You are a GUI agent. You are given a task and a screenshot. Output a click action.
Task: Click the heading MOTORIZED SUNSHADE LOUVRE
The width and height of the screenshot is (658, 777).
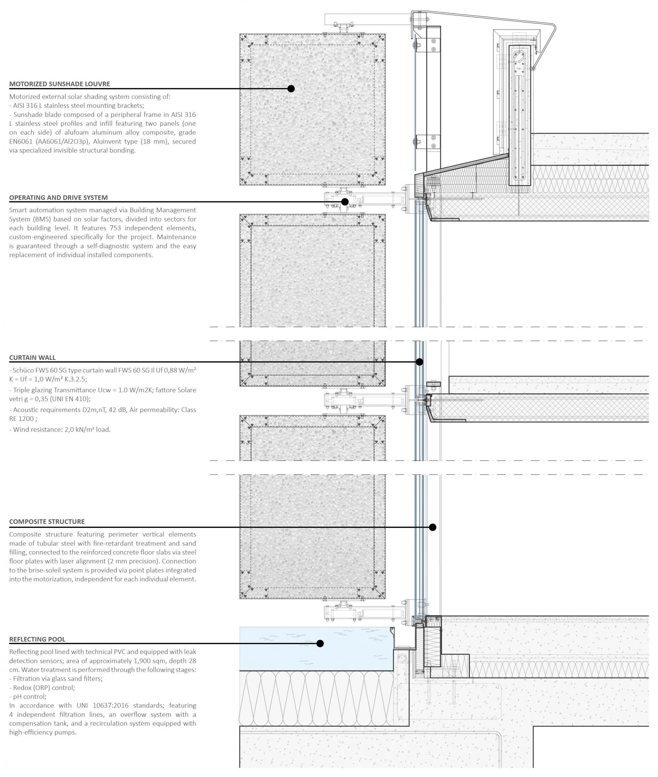pos(60,84)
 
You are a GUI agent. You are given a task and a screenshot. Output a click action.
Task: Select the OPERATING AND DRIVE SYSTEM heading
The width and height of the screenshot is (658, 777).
pos(58,198)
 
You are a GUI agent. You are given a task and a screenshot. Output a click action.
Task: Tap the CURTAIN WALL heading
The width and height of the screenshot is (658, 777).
pos(33,358)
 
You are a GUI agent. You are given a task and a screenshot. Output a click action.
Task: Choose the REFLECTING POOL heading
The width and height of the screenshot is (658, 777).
pos(37,639)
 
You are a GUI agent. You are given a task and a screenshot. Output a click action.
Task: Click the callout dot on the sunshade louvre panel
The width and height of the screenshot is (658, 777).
pos(291,89)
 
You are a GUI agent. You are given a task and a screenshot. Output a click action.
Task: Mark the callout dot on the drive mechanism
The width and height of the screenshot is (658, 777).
pos(345,202)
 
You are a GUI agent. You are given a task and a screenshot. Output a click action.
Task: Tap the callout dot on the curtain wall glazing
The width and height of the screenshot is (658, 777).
pos(419,362)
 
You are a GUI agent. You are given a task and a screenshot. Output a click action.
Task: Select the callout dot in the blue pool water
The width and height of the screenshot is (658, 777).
pos(320,643)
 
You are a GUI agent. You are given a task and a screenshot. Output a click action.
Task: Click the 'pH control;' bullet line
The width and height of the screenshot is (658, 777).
pos(28,697)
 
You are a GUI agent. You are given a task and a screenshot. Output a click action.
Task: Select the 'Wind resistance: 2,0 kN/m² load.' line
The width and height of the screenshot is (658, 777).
pos(60,430)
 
